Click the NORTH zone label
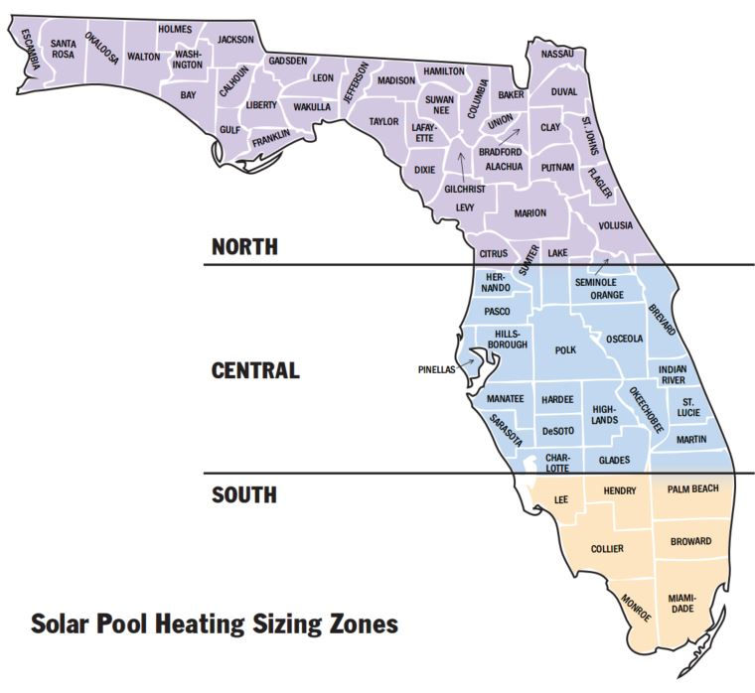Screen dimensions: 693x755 (244, 246)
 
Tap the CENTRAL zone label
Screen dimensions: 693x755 (255, 371)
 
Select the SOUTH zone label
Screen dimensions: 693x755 (243, 494)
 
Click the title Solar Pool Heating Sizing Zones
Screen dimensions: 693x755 (214, 624)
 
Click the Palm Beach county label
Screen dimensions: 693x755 (692, 489)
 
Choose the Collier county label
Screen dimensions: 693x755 (607, 548)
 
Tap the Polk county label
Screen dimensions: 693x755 (565, 350)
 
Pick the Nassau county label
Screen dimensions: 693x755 (557, 53)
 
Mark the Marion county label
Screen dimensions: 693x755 (529, 213)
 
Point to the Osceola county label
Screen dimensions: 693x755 (624, 339)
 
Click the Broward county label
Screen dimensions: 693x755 (690, 541)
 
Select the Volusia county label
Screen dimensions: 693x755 (615, 225)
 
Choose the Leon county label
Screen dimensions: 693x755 (323, 77)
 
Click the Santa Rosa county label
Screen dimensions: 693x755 (64, 49)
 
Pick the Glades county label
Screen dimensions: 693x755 (614, 460)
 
